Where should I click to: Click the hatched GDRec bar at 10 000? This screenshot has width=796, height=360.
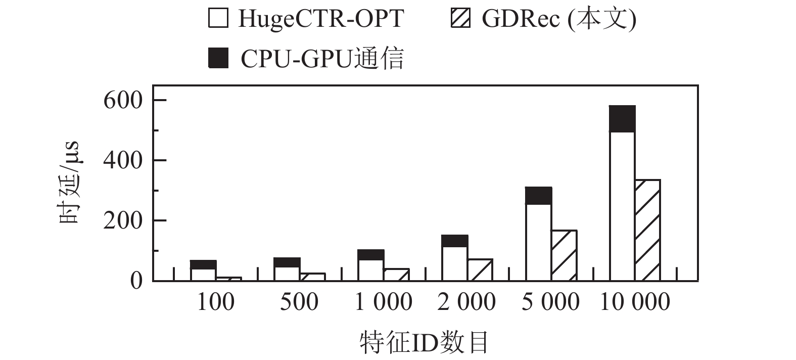coord(647,230)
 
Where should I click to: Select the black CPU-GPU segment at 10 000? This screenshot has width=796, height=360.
coord(622,119)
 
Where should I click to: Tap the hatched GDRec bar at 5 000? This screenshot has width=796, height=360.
coord(564,255)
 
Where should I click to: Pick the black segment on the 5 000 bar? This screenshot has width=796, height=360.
coord(538,196)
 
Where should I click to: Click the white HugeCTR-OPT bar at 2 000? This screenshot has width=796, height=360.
coord(454,263)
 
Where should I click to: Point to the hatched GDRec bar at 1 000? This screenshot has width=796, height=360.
coord(396,275)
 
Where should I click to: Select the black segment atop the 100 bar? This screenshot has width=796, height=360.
coord(203,265)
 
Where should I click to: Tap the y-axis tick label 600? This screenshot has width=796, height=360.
coord(123,100)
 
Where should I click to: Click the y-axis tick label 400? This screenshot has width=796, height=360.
coord(123,160)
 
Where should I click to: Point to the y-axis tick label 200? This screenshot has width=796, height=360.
coord(123,220)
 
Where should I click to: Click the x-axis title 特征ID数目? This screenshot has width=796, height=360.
coord(424,342)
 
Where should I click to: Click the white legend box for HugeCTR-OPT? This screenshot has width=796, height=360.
coord(218,19)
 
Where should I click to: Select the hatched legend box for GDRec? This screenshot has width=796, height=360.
coord(460,19)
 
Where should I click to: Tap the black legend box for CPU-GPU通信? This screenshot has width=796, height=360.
coord(218,58)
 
